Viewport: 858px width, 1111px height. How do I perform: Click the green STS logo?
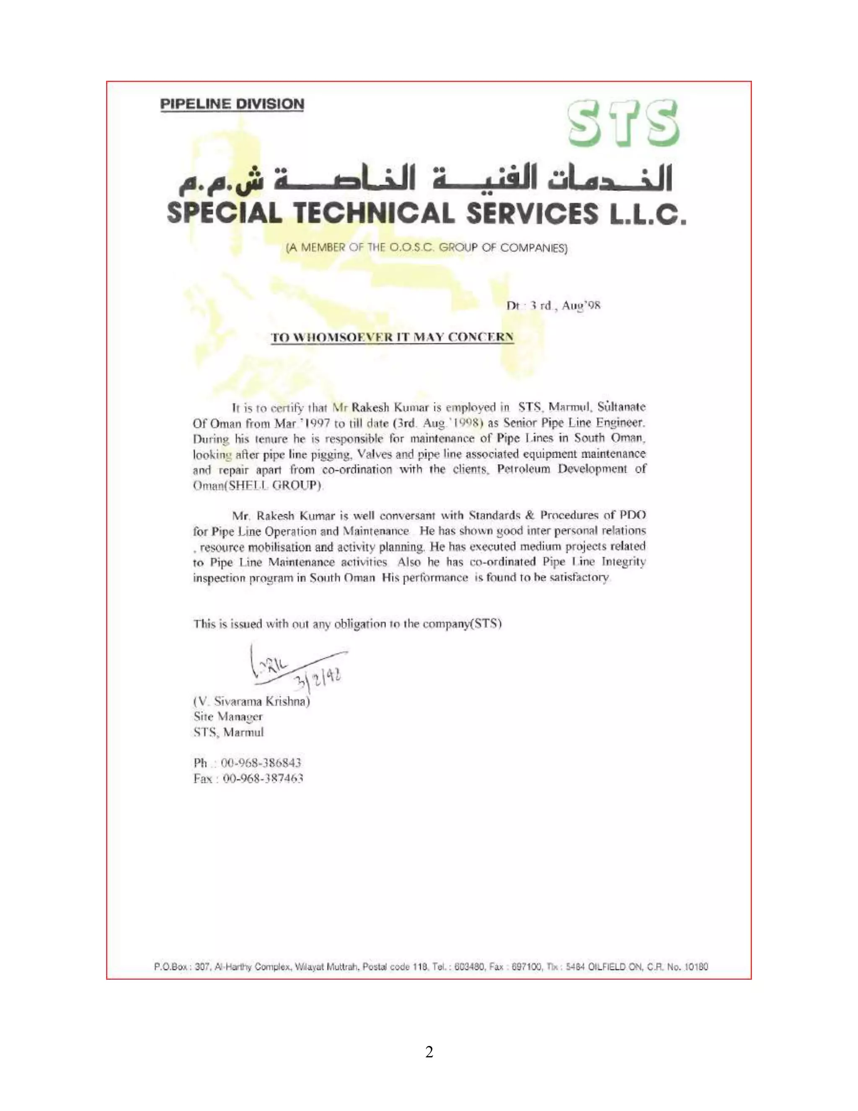tap(623, 124)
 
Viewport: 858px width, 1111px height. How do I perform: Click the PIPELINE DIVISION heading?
tap(232, 104)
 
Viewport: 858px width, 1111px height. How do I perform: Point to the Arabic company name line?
tap(426, 179)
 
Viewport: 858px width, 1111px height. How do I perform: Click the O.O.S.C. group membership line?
tap(426, 248)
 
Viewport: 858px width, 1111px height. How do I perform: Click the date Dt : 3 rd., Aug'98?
tap(553, 306)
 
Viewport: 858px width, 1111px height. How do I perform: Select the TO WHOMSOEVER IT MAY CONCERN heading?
tap(392, 337)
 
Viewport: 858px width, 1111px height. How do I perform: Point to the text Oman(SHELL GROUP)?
tap(257, 485)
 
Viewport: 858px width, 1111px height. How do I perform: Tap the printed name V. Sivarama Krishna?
tap(252, 701)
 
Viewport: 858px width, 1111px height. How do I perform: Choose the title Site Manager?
tap(228, 717)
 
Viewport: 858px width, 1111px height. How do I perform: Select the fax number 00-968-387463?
tap(263, 778)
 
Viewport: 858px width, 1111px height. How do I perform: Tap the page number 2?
tap(429, 1052)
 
